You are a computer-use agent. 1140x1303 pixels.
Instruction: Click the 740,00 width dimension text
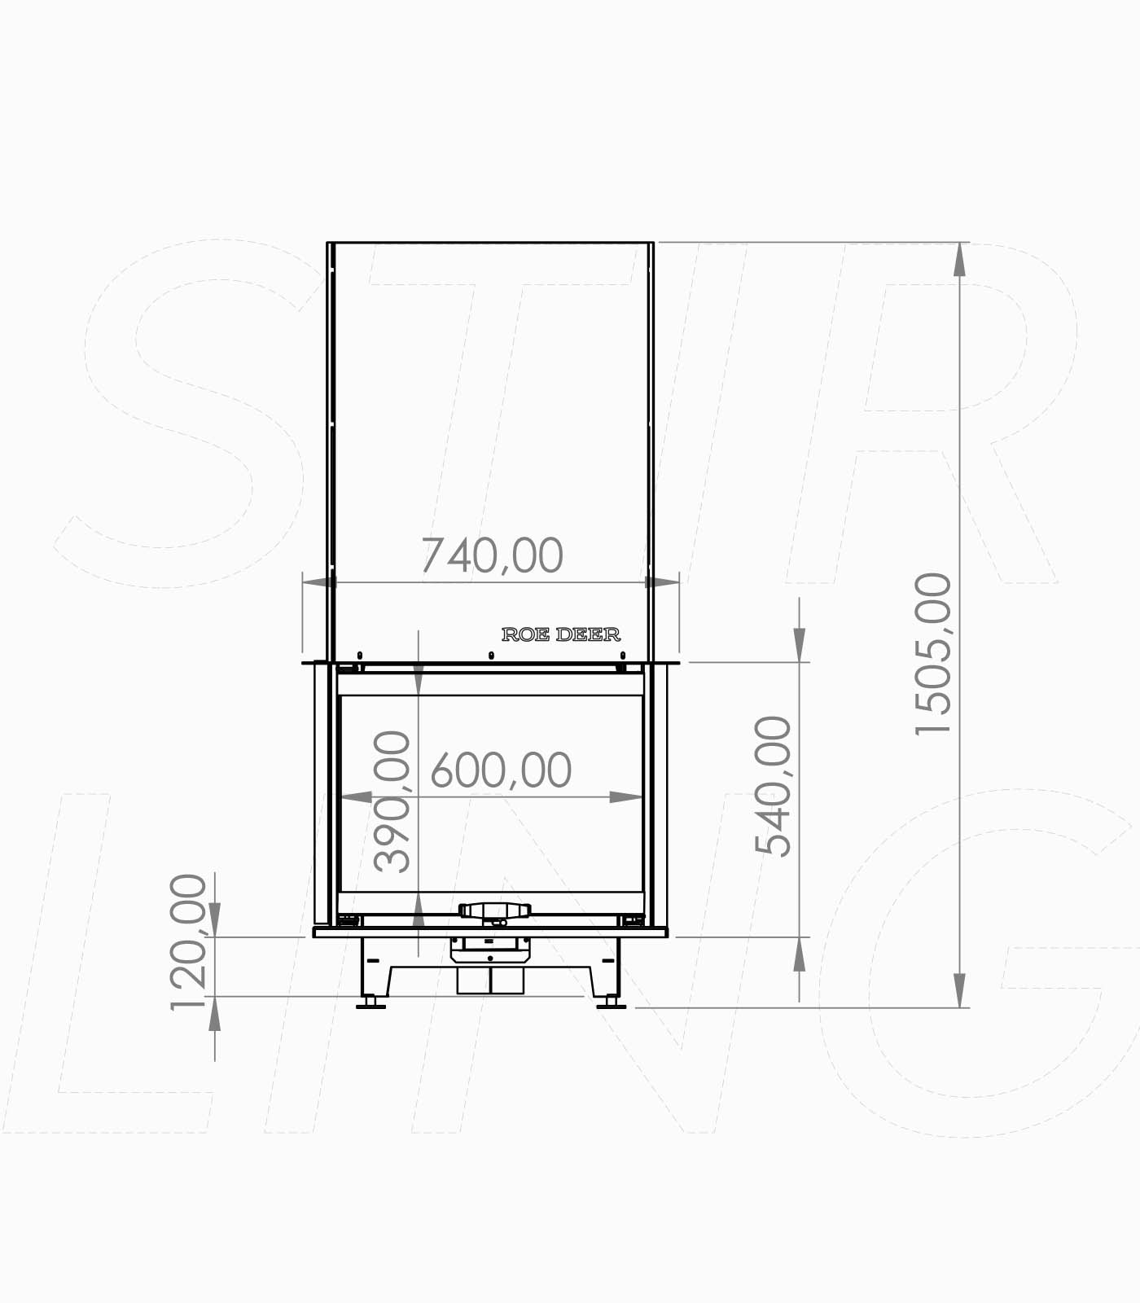pyautogui.click(x=492, y=555)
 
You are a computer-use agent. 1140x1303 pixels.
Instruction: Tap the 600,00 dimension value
pyautogui.click(x=501, y=770)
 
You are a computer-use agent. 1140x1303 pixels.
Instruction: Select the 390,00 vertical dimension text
pyautogui.click(x=392, y=801)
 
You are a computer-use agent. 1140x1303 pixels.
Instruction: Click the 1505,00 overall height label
pyautogui.click(x=933, y=654)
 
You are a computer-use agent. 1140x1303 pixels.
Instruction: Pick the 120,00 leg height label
pyautogui.click(x=189, y=941)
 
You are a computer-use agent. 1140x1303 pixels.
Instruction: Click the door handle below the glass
pyautogui.click(x=494, y=910)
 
